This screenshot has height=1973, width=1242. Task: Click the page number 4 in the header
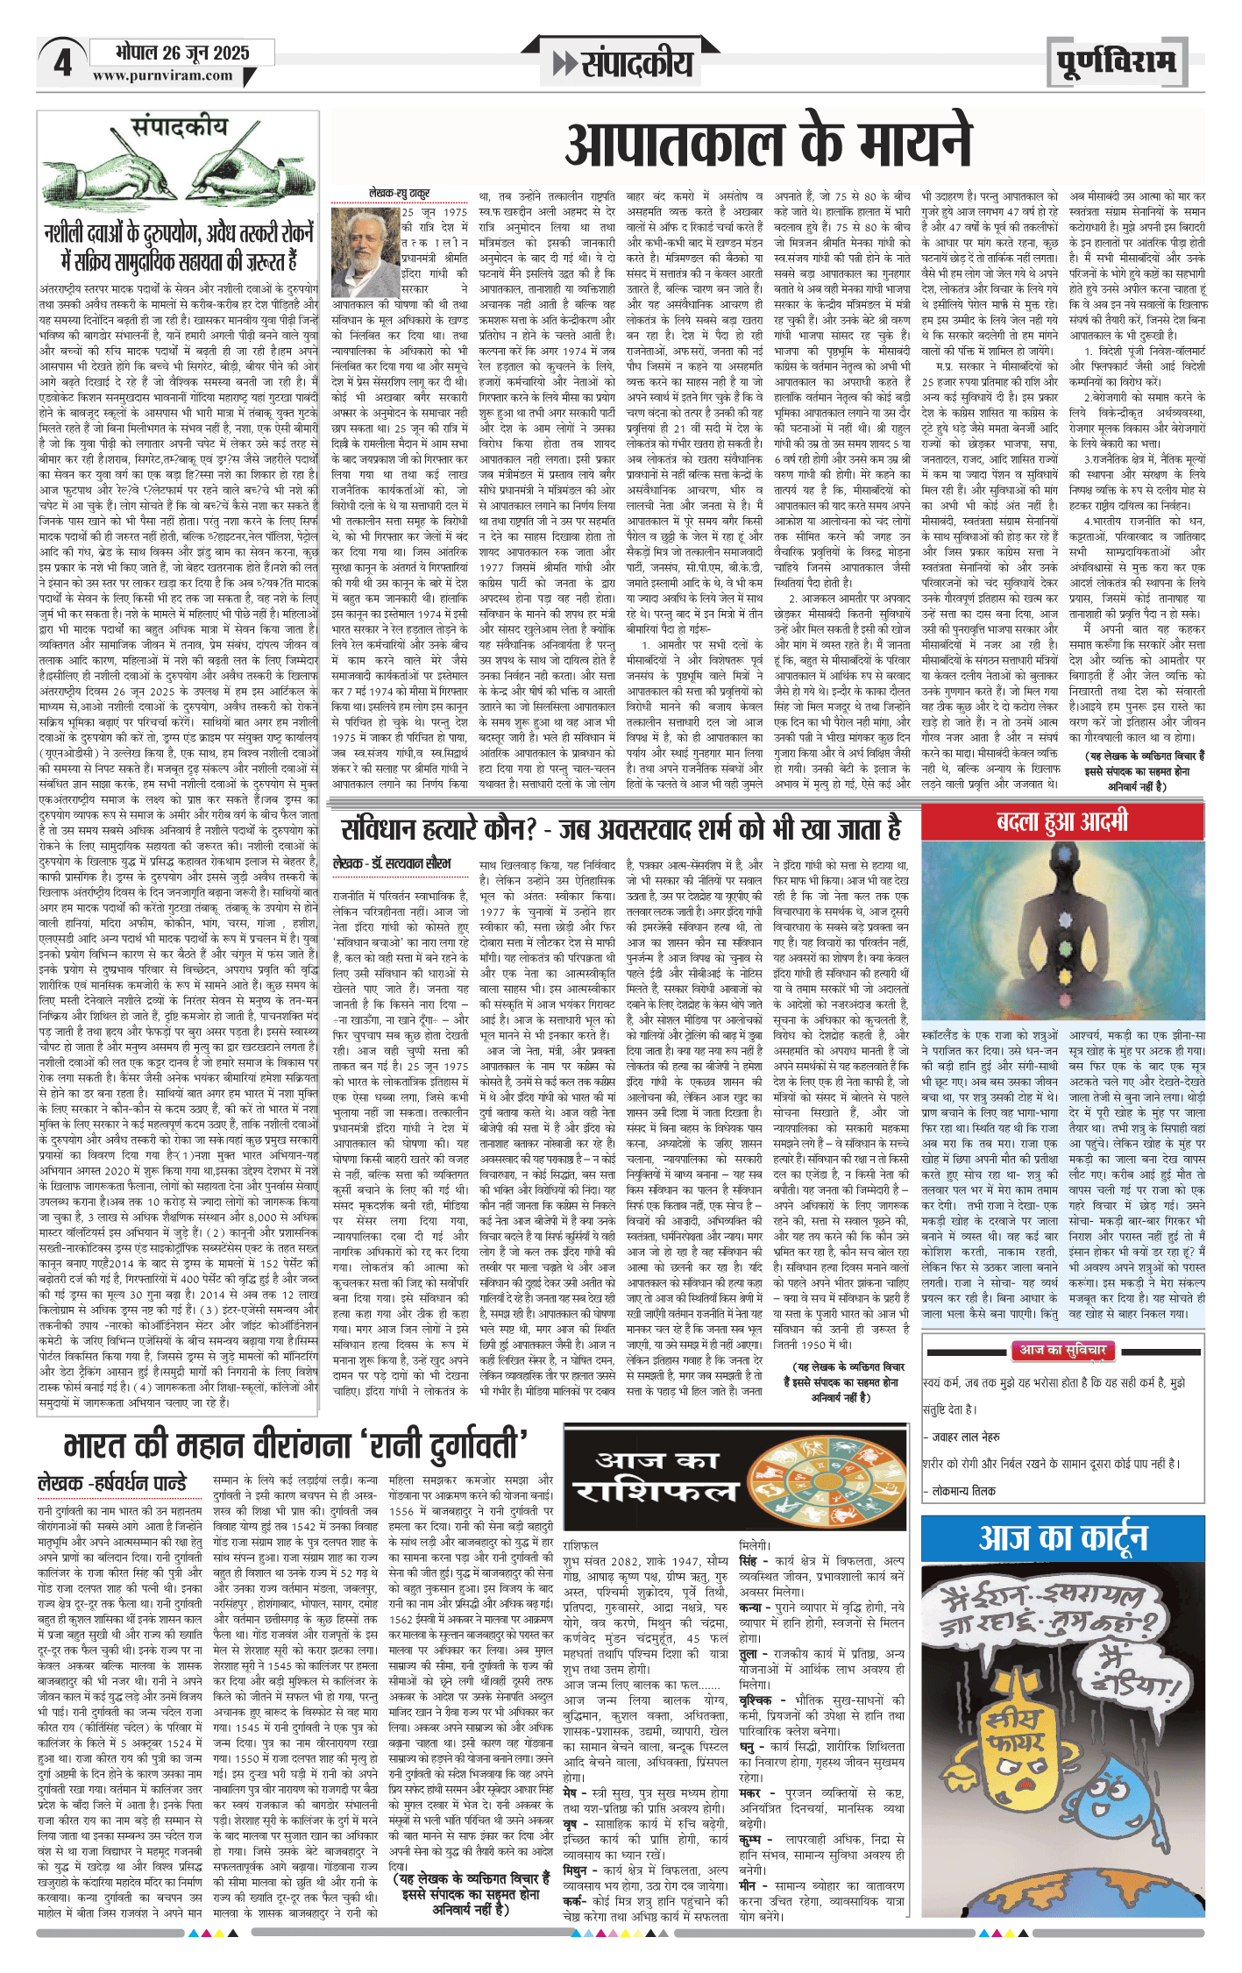tap(62, 64)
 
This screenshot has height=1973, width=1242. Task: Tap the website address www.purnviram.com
tap(162, 76)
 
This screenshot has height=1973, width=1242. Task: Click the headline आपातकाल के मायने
tap(769, 145)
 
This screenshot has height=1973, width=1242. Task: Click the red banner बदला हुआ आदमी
tap(1062, 823)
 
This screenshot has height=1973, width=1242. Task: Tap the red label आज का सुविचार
tap(1061, 1351)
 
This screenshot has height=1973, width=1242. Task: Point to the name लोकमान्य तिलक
tap(963, 1490)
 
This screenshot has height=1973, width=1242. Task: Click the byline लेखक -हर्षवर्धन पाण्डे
tap(113, 1483)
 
